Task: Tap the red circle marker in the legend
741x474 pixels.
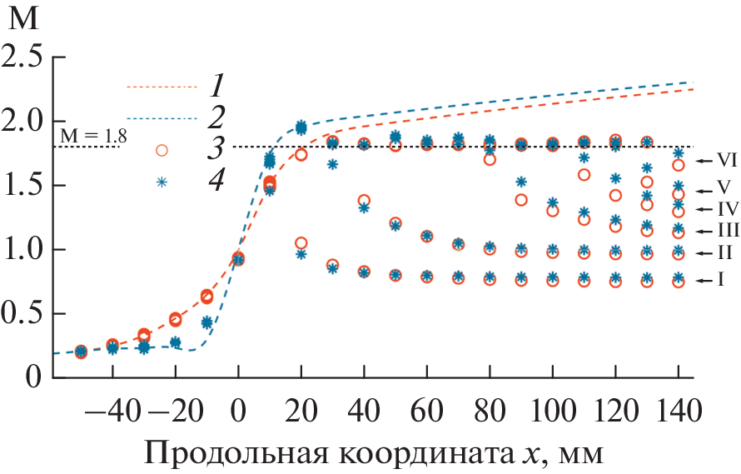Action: point(162,150)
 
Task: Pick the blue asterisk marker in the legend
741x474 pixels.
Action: point(162,181)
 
